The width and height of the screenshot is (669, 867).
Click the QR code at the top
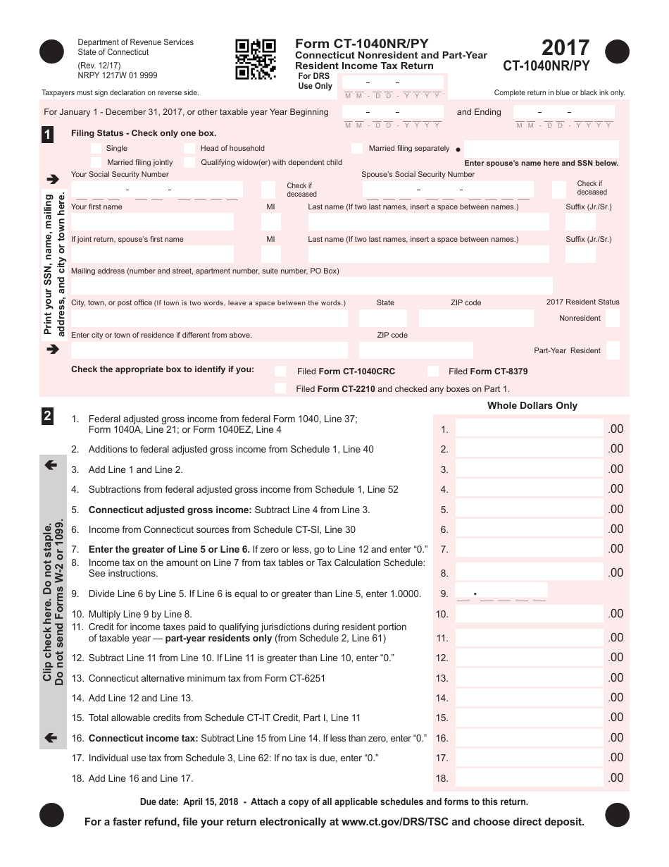[x=255, y=59]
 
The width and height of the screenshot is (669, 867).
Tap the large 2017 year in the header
[x=565, y=48]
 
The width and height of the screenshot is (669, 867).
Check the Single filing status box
[x=96, y=149]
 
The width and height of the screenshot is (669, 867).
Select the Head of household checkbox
[x=189, y=149]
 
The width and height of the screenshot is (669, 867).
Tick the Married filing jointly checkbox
[x=96, y=163]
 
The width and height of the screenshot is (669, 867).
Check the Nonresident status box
[x=612, y=318]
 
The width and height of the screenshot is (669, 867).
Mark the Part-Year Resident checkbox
[x=612, y=350]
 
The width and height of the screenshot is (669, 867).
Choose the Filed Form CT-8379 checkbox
[x=434, y=371]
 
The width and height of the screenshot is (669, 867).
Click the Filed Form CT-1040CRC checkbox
[x=281, y=371]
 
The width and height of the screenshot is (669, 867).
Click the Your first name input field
[x=152, y=222]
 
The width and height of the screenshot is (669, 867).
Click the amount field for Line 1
[x=529, y=429]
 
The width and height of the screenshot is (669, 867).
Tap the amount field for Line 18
[x=529, y=778]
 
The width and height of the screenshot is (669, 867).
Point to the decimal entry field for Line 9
[x=501, y=594]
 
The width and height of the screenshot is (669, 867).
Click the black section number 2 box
[x=47, y=416]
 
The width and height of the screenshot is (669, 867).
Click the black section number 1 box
[x=47, y=135]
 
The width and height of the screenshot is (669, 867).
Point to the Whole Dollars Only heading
[x=532, y=405]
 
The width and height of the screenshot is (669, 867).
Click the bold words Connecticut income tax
[x=143, y=738]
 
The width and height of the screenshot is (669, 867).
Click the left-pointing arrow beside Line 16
[x=51, y=738]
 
